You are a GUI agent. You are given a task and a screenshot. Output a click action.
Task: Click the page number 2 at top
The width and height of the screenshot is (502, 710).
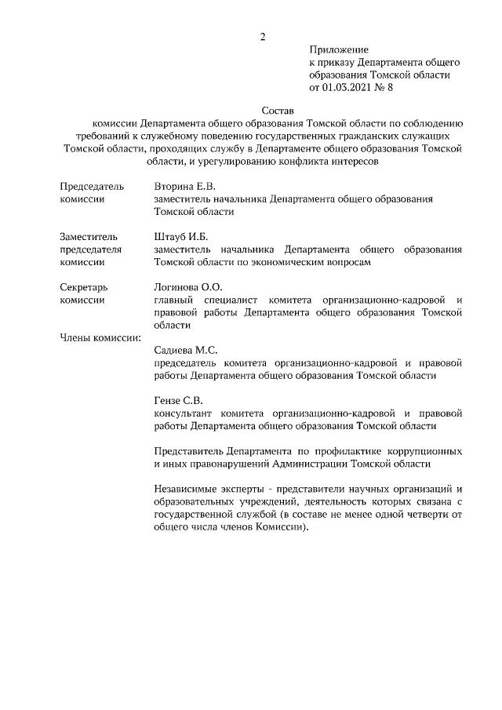[x=263, y=36]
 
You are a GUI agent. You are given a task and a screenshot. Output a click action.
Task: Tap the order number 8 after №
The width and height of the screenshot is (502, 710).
[x=390, y=88]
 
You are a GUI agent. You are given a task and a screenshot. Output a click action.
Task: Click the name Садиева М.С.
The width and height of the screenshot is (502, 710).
[x=186, y=350]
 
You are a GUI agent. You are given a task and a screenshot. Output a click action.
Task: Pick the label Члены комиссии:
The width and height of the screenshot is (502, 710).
[x=100, y=337]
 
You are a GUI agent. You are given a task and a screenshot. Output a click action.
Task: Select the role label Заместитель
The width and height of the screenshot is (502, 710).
[x=89, y=236]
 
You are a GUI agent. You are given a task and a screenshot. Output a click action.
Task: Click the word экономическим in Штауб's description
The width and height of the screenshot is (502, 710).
[x=293, y=262]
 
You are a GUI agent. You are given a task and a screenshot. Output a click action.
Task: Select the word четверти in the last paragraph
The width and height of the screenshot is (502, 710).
[x=430, y=514]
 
